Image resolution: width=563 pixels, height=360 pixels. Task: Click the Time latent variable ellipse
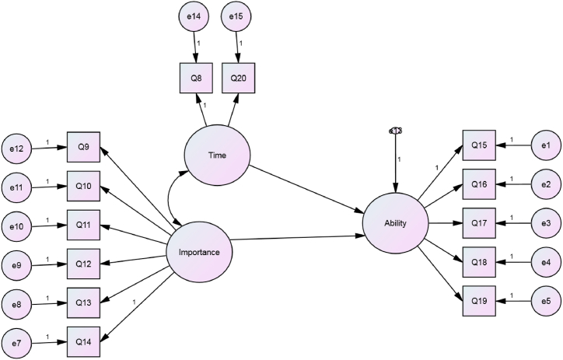point(217,155)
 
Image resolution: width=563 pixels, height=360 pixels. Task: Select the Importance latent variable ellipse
point(199,251)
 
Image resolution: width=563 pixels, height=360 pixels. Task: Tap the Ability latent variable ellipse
point(396,224)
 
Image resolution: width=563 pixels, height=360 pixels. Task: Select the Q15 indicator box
point(479,145)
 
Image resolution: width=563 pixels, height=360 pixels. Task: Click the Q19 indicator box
point(479,299)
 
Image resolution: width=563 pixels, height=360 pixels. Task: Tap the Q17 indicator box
point(479,223)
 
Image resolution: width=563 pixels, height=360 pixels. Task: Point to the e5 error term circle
point(545,299)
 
